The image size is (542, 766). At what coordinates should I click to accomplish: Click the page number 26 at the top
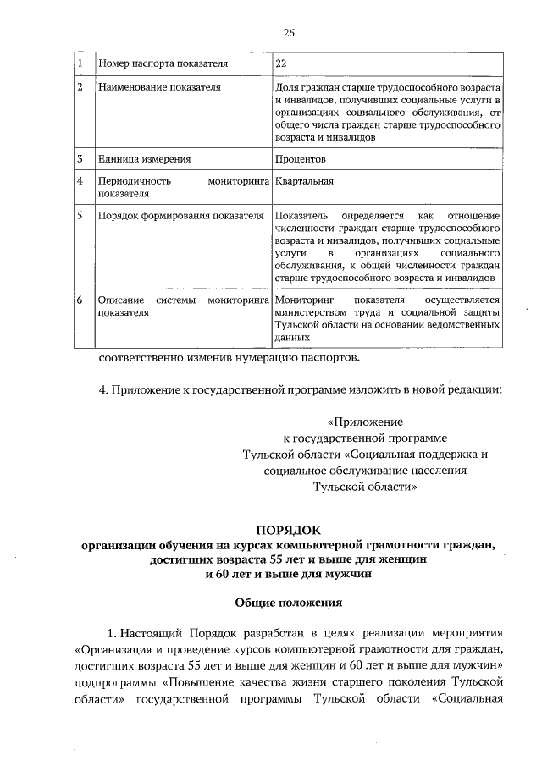289,33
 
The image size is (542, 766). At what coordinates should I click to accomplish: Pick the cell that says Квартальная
304,180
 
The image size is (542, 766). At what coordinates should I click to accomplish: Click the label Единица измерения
145,158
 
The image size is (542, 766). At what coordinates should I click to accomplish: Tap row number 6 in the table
79,300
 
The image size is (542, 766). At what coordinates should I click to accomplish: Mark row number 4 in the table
79,180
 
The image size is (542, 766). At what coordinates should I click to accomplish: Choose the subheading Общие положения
288,603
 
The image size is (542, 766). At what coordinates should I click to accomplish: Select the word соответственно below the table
146,356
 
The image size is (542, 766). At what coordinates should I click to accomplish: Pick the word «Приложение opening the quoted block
365,421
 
